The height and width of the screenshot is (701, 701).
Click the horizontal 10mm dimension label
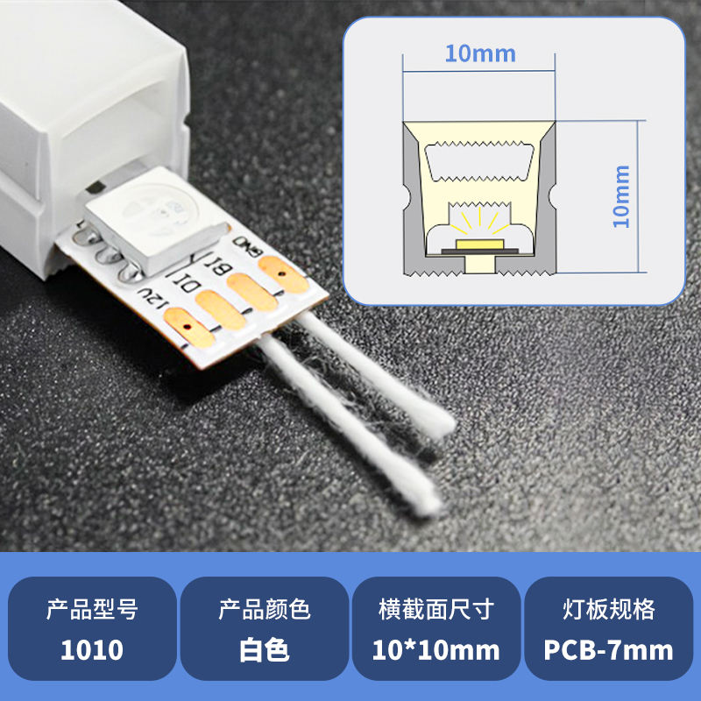(480, 54)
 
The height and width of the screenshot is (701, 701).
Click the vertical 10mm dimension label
(621, 196)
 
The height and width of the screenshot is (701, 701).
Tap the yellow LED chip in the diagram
(479, 244)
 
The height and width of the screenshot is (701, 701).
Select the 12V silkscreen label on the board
(152, 296)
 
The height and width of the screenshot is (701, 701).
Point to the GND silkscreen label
(247, 247)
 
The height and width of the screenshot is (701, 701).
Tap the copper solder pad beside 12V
(189, 327)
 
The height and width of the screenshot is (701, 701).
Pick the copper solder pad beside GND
(283, 274)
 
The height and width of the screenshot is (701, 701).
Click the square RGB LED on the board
(157, 218)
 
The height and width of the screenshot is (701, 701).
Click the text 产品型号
(92, 609)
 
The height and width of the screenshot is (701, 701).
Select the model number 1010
(92, 649)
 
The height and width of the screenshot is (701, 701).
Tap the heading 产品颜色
(265, 609)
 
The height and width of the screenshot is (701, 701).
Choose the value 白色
(265, 650)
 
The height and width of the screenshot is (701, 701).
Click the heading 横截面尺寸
(436, 609)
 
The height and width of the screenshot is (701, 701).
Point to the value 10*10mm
(435, 649)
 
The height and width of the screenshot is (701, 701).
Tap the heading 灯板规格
(608, 609)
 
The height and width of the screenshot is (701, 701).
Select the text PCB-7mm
(608, 649)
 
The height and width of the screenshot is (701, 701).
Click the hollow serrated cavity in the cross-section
(479, 162)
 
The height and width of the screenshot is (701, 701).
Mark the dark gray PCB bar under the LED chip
(479, 251)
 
